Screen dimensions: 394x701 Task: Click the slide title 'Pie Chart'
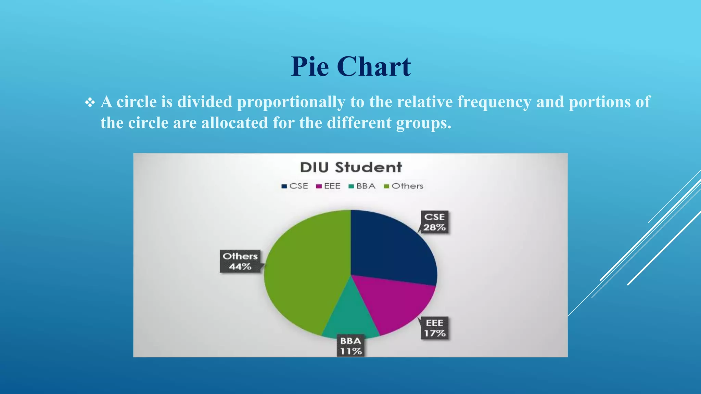point(350,66)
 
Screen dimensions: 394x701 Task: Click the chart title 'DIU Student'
point(351,167)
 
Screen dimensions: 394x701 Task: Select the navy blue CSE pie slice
point(387,246)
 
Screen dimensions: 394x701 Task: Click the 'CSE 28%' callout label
point(434,222)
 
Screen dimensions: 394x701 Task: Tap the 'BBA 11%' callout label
point(350,346)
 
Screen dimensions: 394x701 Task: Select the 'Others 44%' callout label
point(240,261)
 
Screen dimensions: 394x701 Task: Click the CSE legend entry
point(295,186)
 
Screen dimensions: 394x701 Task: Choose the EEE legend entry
point(329,186)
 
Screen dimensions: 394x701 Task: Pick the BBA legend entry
point(362,186)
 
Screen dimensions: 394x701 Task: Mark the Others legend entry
point(404,186)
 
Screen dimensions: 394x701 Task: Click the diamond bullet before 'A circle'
point(90,102)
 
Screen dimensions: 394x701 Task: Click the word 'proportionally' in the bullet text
point(291,102)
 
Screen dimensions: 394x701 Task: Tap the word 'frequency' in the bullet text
point(494,102)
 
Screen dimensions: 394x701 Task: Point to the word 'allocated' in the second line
point(234,123)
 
